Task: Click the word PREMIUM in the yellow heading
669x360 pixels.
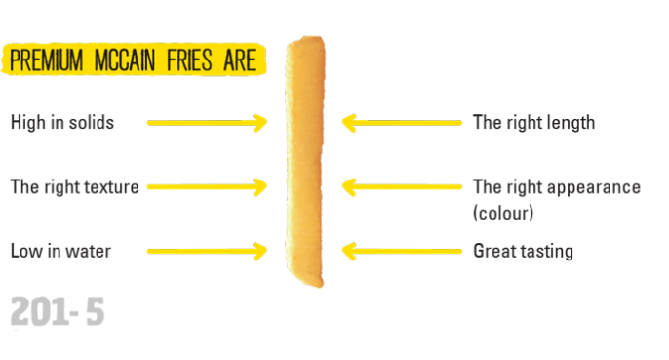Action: click(x=47, y=60)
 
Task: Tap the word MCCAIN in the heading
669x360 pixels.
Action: click(x=124, y=60)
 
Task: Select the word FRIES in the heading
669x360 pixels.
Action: click(x=189, y=60)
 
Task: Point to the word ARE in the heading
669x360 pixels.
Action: click(x=239, y=60)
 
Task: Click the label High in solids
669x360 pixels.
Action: click(x=62, y=123)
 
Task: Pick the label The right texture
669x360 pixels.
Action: click(x=75, y=187)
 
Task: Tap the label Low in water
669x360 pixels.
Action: click(x=60, y=251)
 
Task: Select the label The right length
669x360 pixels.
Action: click(x=533, y=123)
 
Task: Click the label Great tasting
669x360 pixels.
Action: click(x=523, y=251)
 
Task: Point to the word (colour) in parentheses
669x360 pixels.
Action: click(x=503, y=213)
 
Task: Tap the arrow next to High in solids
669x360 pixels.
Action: click(x=207, y=123)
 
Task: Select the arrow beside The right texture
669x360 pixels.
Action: click(x=207, y=187)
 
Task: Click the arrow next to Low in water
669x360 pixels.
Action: click(x=207, y=251)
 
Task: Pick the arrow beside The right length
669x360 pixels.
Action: click(x=402, y=123)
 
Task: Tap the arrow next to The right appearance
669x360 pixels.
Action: click(x=402, y=187)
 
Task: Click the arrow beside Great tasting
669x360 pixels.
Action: click(x=402, y=251)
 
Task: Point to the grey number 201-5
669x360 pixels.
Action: click(x=58, y=311)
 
